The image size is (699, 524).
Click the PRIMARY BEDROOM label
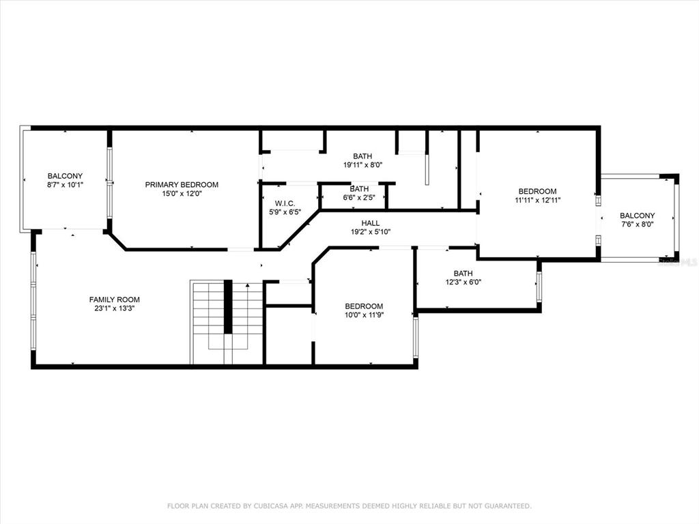(182, 184)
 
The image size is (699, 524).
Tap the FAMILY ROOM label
(115, 300)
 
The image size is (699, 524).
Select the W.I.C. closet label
(285, 203)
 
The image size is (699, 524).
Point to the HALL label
(371, 223)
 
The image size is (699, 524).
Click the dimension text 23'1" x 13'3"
(115, 308)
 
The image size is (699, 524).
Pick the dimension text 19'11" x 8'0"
(362, 165)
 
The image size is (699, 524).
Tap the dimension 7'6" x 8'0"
(637, 224)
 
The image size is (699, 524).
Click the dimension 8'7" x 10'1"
(65, 184)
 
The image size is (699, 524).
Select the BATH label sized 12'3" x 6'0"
(463, 273)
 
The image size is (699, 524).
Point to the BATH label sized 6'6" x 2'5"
(359, 189)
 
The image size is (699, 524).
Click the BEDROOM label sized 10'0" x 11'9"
(364, 306)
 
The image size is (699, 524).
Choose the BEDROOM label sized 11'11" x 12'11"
(538, 191)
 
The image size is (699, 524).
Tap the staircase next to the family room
(227, 322)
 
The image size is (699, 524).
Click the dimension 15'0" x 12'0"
(182, 193)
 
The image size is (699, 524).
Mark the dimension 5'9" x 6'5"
(285, 212)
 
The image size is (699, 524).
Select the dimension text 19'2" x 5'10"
(371, 232)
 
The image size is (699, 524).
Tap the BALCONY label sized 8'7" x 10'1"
(65, 176)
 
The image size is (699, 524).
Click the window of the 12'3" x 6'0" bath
(539, 286)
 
